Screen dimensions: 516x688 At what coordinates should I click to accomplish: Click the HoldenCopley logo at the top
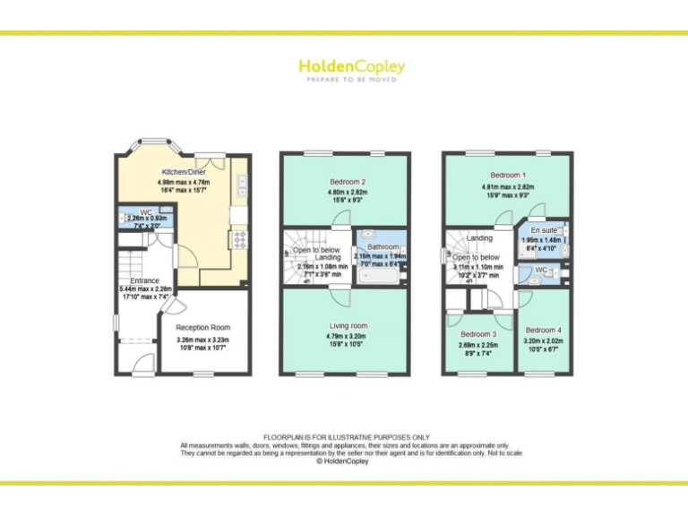tap(350, 66)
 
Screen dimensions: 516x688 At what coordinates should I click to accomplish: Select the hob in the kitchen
tap(241, 238)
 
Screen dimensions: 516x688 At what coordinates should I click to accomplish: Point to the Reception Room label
tap(202, 328)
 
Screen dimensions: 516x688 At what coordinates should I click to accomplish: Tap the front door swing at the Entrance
tap(141, 362)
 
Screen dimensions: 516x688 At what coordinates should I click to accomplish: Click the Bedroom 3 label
tap(476, 334)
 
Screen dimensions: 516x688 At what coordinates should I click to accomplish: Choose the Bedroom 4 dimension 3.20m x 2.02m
tap(544, 340)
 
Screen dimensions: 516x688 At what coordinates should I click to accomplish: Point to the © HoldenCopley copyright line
tap(344, 461)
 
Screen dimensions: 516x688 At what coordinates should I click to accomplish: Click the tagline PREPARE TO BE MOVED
tap(350, 80)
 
